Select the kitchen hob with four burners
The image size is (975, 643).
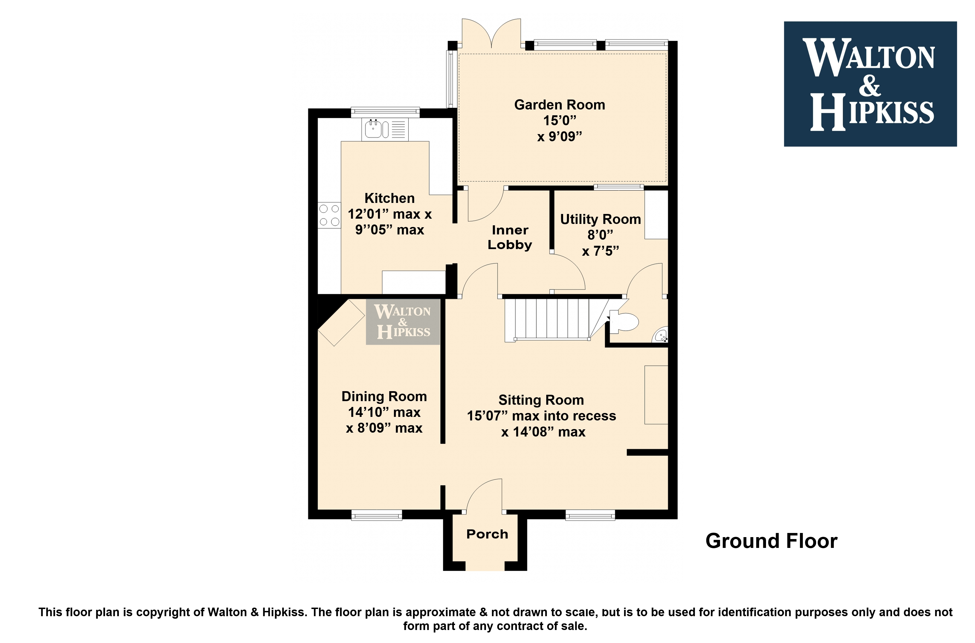coord(329,215)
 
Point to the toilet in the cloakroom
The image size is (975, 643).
coord(624,321)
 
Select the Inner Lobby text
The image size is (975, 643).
coord(510,237)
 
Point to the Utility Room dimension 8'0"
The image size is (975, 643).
coord(600,235)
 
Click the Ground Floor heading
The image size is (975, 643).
coord(771,541)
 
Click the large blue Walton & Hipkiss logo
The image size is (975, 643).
coord(870,84)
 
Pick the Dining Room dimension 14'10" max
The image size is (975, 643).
coord(384,412)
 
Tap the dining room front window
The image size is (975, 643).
coord(377,515)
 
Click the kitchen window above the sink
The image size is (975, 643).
coord(385,112)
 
